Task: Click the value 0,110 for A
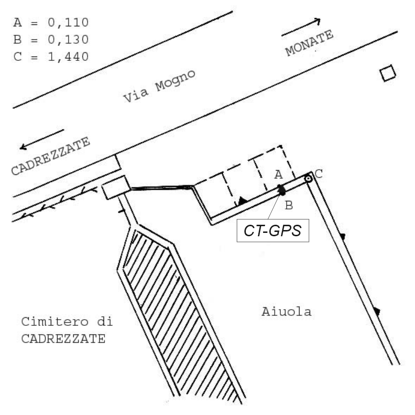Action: click(x=68, y=23)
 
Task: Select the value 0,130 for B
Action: click(x=68, y=40)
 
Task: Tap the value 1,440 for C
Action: click(x=68, y=57)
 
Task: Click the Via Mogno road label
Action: click(x=159, y=86)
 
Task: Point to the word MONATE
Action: click(x=309, y=43)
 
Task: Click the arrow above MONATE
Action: click(x=301, y=27)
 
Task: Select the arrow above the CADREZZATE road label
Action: click(x=42, y=139)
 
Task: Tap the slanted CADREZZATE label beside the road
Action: click(x=50, y=156)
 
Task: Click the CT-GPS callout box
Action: click(x=273, y=231)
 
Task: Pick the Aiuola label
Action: click(x=287, y=312)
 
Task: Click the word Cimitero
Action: click(x=55, y=322)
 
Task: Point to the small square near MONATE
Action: click(x=388, y=73)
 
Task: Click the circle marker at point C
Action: click(x=308, y=179)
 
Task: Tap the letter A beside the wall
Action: click(x=278, y=175)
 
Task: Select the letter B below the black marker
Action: click(x=289, y=206)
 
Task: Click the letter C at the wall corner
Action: click(x=318, y=174)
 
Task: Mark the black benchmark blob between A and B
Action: click(x=281, y=190)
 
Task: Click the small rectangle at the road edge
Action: click(x=116, y=187)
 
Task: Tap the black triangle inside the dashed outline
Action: click(x=242, y=201)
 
